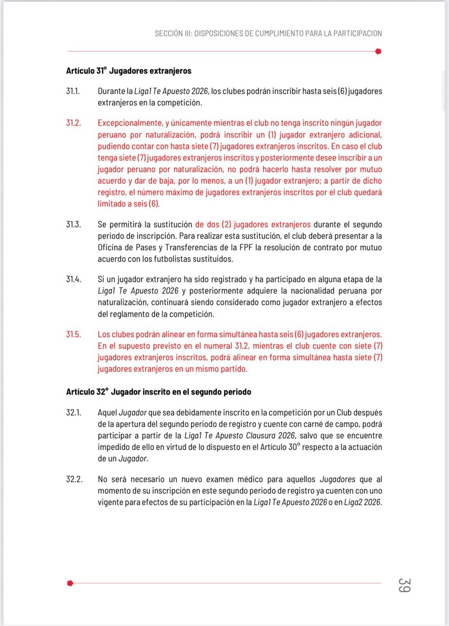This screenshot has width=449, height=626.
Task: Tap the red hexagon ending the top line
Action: tap(379, 51)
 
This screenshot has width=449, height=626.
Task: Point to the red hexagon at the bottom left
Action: tap(70, 583)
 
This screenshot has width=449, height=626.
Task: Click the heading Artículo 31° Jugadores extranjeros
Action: tap(128, 71)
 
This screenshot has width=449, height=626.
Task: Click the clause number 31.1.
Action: tap(73, 91)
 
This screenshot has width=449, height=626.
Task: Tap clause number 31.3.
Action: tap(73, 225)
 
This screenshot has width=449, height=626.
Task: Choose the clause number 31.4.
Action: tap(73, 280)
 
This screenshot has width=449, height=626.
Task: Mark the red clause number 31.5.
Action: tap(73, 334)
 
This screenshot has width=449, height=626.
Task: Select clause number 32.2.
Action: tap(73, 479)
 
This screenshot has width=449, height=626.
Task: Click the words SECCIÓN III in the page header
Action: tap(176, 33)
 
